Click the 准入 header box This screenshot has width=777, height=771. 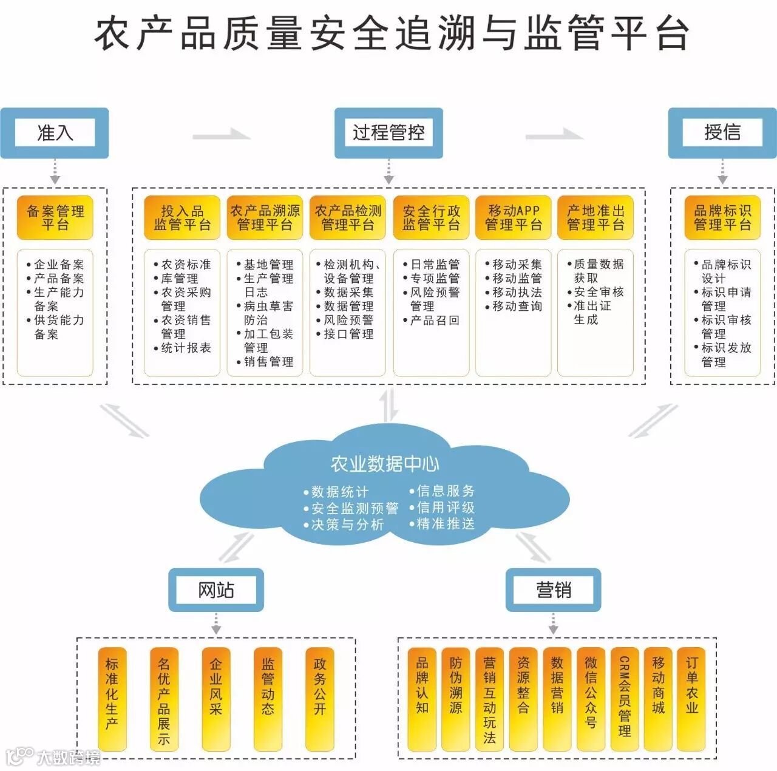click(55, 133)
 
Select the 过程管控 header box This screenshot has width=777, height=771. click(388, 133)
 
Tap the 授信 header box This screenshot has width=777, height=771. click(722, 133)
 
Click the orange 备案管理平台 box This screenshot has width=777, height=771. click(55, 217)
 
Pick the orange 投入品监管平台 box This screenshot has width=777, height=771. click(182, 217)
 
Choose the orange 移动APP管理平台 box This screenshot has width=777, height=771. click(514, 217)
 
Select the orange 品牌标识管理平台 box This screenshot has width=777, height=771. click(722, 217)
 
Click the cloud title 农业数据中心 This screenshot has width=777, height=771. click(385, 464)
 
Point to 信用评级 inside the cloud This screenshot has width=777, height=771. click(445, 508)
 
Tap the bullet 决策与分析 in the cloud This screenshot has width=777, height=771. click(347, 525)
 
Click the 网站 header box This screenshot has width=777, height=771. click(216, 589)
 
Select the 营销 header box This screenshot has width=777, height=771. click(553, 589)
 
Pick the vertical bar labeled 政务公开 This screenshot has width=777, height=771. click(320, 698)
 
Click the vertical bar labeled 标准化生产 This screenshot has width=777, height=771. click(112, 698)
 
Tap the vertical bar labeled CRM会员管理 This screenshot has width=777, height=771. click(625, 698)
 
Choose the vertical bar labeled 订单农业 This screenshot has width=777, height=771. click(692, 698)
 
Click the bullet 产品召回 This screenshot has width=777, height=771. click(434, 320)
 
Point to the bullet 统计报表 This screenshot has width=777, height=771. click(185, 348)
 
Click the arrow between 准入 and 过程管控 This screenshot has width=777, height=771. click(222, 135)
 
